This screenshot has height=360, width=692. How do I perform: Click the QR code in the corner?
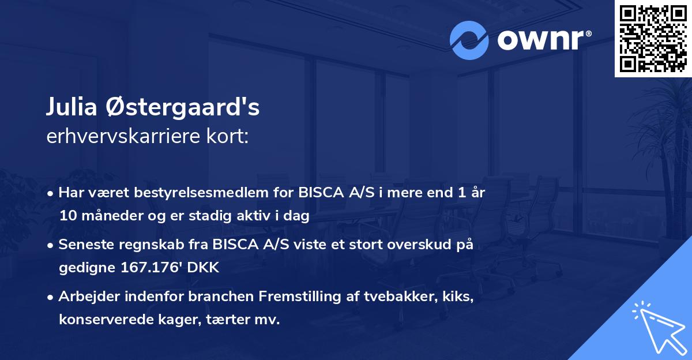coord(653,39)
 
